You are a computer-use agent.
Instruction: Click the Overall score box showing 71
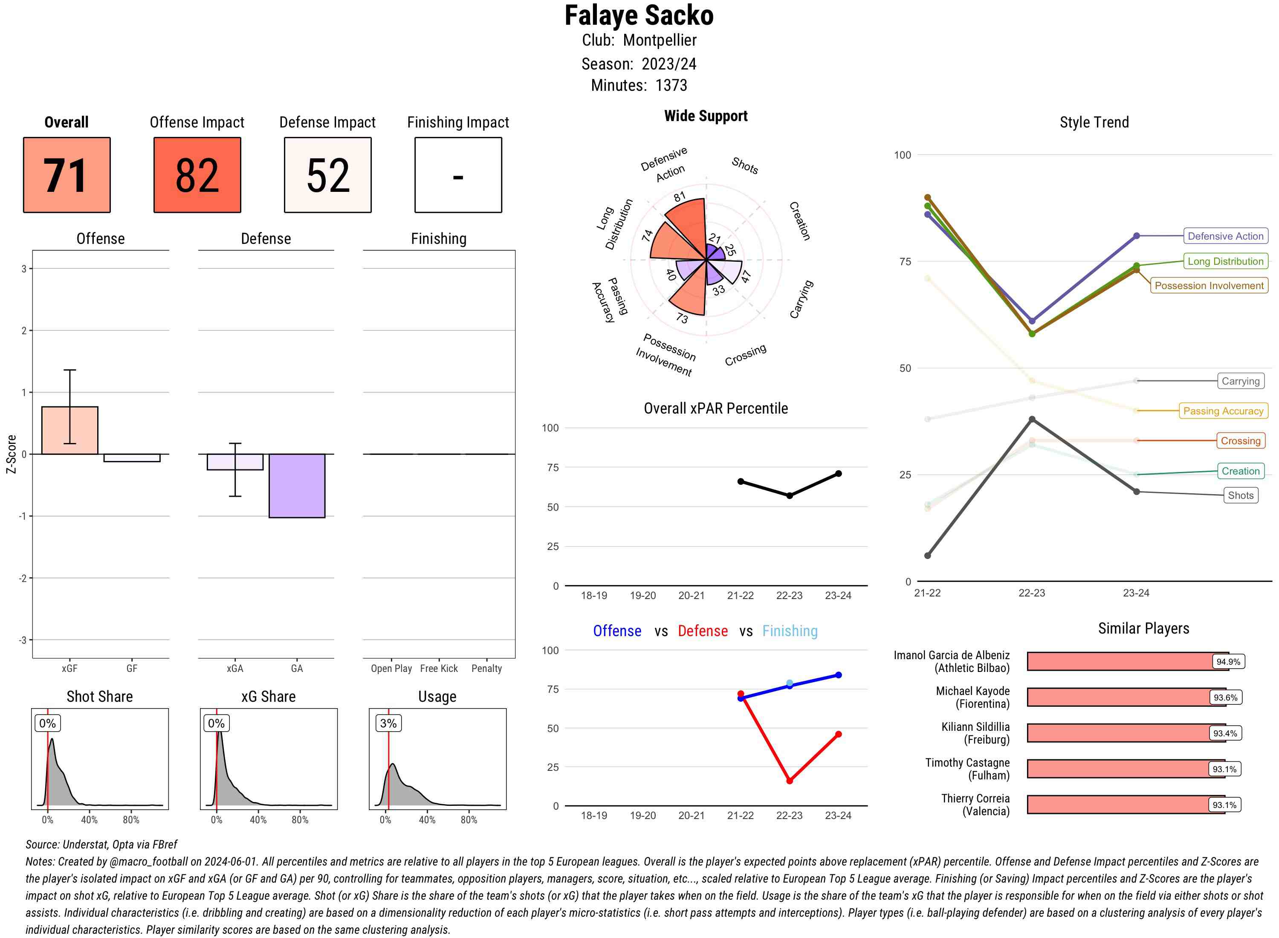coord(67,175)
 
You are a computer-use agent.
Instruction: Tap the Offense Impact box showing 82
coord(197,175)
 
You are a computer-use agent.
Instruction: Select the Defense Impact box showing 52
coord(327,175)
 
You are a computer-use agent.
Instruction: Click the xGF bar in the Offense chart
coord(70,430)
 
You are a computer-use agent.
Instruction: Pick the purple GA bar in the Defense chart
coord(297,486)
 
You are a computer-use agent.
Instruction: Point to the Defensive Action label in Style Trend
coord(1225,236)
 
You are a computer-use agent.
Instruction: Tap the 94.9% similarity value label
coord(1228,661)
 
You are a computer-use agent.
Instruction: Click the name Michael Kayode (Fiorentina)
coord(972,697)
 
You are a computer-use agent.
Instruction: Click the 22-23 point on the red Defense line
coord(790,781)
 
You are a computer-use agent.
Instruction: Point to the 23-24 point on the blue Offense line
coord(839,675)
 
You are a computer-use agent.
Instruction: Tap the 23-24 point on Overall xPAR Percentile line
coord(839,474)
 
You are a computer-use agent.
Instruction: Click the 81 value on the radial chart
coord(680,197)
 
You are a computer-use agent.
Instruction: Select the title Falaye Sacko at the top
coord(639,16)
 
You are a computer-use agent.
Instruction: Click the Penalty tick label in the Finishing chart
coord(486,668)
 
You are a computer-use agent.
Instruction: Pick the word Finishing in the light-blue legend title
coord(790,631)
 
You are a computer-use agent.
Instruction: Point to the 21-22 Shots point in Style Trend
coord(928,555)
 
